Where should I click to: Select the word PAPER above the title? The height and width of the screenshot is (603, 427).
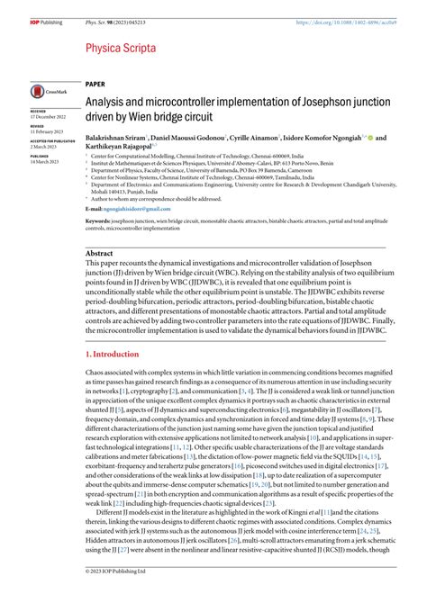pyautogui.click(x=95, y=82)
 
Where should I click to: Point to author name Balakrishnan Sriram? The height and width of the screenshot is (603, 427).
pyautogui.click(x=116, y=138)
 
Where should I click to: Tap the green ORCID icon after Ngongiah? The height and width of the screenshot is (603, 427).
pyautogui.click(x=369, y=138)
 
